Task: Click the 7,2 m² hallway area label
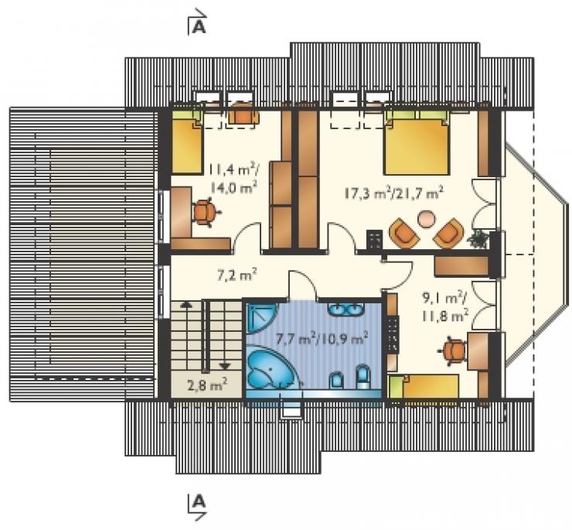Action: (237, 275)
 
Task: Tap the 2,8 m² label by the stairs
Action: (207, 385)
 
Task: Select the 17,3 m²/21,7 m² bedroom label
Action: (394, 193)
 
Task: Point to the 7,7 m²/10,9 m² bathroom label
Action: (322, 340)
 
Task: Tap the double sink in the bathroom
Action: (345, 310)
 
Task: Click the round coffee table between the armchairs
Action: (426, 220)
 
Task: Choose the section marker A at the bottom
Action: (197, 507)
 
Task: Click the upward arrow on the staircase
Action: (186, 306)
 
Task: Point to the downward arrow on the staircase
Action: (225, 365)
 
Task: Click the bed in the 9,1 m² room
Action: (424, 386)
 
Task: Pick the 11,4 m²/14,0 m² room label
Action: (232, 180)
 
